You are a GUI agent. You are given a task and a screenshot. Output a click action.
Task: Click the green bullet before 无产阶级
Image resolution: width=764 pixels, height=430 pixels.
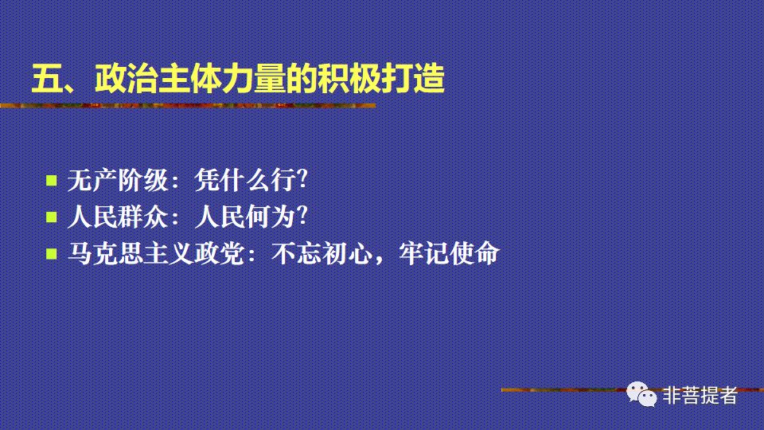click(52, 180)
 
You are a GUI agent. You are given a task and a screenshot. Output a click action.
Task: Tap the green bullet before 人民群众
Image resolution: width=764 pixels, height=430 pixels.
click(52, 217)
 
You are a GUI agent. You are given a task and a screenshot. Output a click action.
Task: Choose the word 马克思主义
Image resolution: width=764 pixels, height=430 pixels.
click(131, 254)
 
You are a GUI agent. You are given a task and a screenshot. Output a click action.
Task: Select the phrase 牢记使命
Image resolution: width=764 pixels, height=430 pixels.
click(449, 254)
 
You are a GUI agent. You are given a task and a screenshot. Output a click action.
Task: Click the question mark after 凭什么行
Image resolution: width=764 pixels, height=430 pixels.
click(301, 181)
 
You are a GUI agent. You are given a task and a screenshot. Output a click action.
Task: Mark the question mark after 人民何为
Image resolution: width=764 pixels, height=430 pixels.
click(301, 217)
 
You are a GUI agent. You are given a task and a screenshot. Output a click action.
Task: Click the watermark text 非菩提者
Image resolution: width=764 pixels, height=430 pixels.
click(700, 395)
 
